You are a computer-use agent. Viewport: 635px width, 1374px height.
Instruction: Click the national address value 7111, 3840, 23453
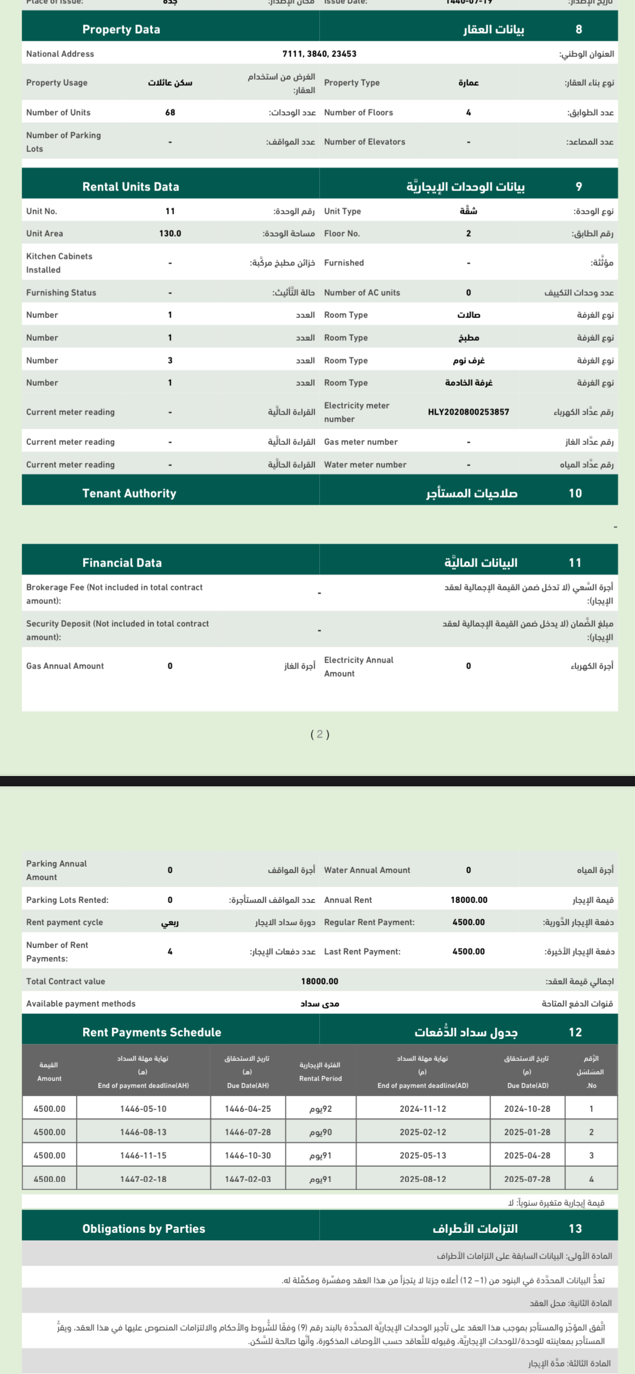tap(319, 54)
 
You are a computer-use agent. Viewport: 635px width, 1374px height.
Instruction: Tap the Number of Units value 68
tap(170, 112)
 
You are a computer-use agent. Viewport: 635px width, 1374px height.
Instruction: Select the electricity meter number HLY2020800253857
tap(468, 412)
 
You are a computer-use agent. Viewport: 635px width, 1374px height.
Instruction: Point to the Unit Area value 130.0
tap(170, 233)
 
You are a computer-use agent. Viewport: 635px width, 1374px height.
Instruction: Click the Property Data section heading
tap(121, 29)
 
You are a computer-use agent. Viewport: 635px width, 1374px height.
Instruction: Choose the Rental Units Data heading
tap(130, 187)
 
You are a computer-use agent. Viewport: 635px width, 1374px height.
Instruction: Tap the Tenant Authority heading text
tap(129, 493)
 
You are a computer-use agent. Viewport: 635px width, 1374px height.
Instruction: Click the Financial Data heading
tap(122, 563)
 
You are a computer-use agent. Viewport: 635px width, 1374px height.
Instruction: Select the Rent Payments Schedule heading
tap(151, 1032)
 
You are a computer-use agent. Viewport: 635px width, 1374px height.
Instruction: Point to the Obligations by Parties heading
tap(143, 1229)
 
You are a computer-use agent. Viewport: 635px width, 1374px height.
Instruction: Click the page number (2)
tap(320, 734)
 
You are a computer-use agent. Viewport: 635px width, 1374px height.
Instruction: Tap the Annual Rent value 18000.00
tap(469, 900)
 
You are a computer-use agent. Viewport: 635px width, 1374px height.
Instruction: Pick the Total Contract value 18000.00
tap(319, 981)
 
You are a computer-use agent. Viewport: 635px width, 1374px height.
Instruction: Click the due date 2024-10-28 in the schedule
tap(527, 1109)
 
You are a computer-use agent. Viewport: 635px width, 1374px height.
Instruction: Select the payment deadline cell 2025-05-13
tap(423, 1155)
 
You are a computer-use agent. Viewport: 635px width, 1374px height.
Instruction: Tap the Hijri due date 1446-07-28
tap(247, 1132)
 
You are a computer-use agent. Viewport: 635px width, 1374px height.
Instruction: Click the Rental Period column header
tap(320, 1072)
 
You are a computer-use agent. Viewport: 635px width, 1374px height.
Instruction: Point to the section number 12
tap(575, 1032)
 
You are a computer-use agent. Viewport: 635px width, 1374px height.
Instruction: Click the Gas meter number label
tap(361, 442)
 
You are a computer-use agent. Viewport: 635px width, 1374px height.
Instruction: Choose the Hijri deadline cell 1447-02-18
tap(143, 1179)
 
